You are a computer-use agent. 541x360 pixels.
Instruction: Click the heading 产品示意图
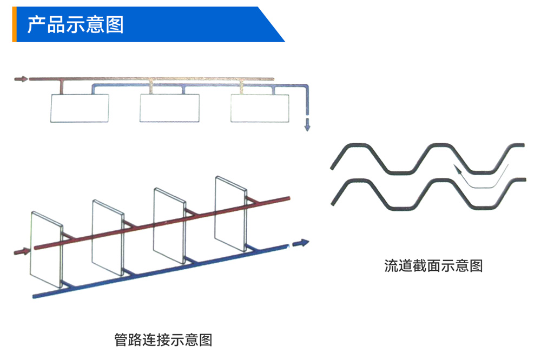(x=76, y=24)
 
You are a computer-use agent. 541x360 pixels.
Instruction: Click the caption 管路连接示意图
(x=163, y=339)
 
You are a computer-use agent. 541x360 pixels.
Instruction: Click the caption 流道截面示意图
(x=433, y=265)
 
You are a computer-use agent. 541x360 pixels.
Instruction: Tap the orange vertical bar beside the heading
(x=14, y=24)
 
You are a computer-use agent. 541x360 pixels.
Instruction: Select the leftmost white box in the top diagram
(x=80, y=108)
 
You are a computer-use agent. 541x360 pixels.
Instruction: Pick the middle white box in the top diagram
(x=169, y=108)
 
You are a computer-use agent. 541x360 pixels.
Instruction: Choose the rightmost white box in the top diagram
(x=260, y=108)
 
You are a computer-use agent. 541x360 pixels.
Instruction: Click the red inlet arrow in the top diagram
(x=21, y=79)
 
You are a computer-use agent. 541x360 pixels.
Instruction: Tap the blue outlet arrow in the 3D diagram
(x=300, y=243)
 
